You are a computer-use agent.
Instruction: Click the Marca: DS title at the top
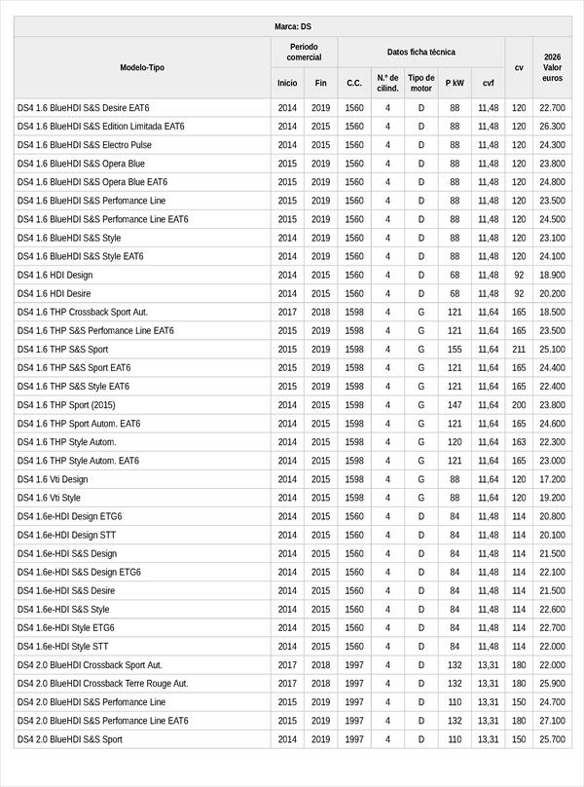click(292, 26)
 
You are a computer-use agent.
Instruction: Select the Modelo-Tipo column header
click(142, 67)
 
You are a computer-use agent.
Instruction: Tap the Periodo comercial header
click(304, 52)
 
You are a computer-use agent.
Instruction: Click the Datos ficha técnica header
click(420, 52)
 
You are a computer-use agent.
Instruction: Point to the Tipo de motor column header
click(421, 83)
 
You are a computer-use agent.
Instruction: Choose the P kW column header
click(455, 83)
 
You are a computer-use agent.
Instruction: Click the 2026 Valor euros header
click(552, 67)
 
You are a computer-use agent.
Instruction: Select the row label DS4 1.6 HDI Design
click(55, 275)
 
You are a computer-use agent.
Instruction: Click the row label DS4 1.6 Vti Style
click(50, 498)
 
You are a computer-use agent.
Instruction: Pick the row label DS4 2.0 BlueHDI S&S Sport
click(70, 739)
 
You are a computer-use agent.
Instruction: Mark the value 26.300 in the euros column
click(552, 127)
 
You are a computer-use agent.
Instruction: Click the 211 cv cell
click(519, 350)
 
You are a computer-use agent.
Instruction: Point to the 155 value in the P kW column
click(455, 350)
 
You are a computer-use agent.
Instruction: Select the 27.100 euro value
click(552, 721)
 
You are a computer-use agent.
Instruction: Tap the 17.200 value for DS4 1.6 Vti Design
click(552, 479)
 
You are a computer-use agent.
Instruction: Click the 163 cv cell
click(519, 442)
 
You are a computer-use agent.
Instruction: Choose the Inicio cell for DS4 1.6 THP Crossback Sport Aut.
click(287, 313)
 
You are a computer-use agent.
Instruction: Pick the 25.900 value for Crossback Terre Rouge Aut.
click(552, 684)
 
